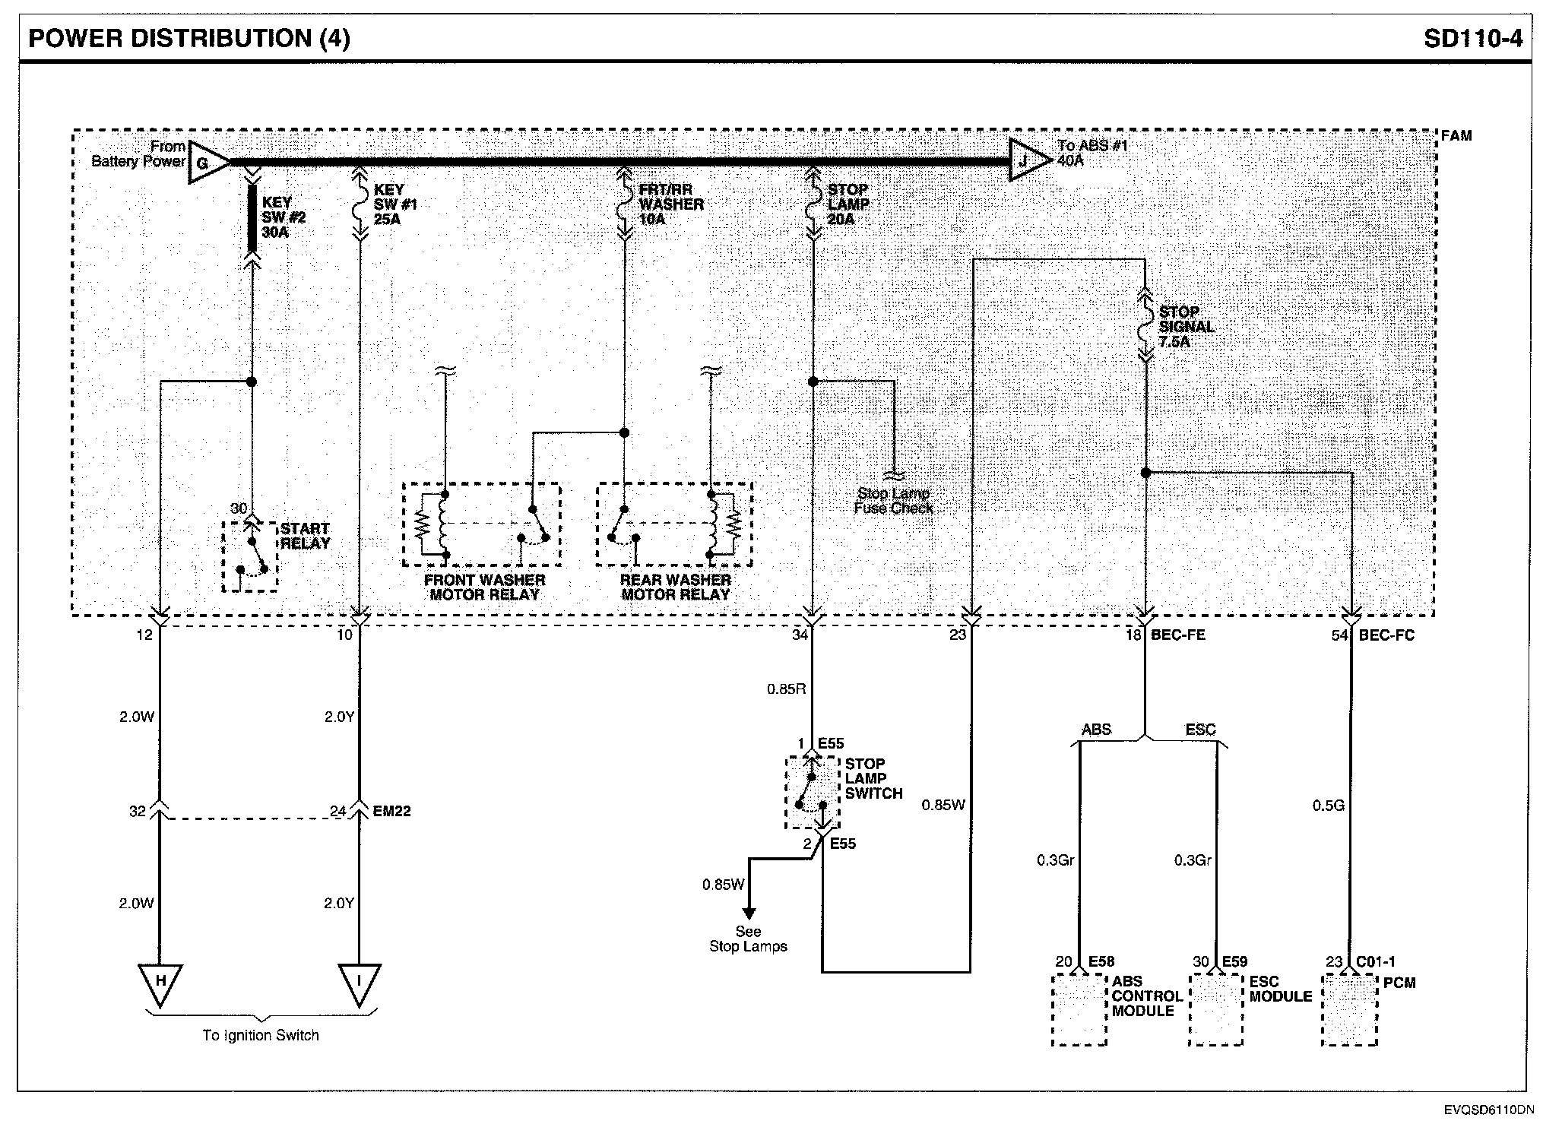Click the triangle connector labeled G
coord(205,162)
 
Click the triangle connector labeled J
coord(1027,160)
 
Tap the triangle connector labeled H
coord(160,983)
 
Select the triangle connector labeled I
coord(359,983)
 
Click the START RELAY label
coord(305,536)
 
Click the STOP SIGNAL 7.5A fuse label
coord(1187,327)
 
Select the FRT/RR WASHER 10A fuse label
coord(670,204)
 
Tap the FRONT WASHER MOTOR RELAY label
coord(484,587)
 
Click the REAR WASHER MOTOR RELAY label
coord(675,587)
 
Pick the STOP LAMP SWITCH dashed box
coord(812,792)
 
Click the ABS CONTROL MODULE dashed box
coord(1079,1010)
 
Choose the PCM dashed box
coord(1349,1010)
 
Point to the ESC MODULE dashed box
coord(1216,1010)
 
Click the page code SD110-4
coord(1473,37)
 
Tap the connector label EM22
coord(391,811)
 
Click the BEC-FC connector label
coord(1386,635)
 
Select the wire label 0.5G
coord(1328,805)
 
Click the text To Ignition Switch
coord(261,1035)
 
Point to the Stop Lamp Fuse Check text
coord(893,501)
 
